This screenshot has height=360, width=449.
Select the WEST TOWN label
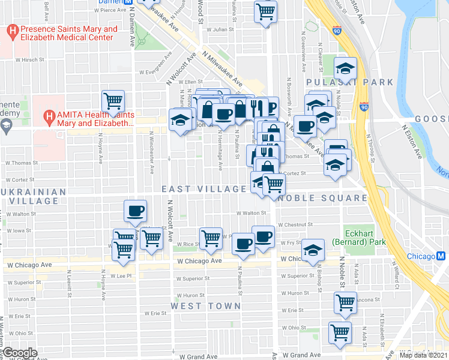[x=205, y=306]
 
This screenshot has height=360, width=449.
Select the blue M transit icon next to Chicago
[x=441, y=256]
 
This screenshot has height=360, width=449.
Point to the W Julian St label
[x=220, y=29]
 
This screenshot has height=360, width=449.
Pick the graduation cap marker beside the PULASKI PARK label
[x=345, y=67]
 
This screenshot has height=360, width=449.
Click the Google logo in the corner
[x=19, y=353]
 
